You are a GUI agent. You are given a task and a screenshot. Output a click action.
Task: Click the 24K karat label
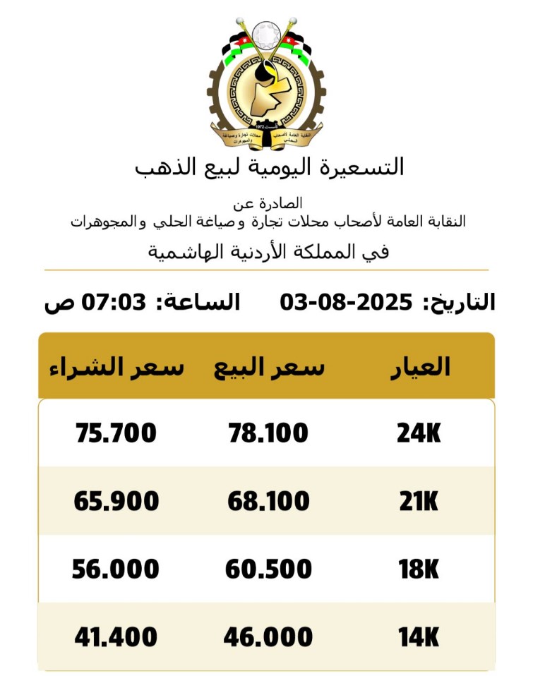pos(419,433)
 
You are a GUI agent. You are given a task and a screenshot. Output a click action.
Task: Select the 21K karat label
pos(418,502)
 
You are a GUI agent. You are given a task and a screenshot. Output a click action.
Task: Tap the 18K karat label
pos(419,569)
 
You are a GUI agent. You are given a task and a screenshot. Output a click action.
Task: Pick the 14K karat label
pos(418,638)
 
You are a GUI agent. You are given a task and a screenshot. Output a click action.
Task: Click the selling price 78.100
pos(268,433)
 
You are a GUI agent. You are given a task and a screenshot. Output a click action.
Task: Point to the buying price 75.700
pos(116,433)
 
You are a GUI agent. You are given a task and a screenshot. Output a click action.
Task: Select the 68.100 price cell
pos(268,502)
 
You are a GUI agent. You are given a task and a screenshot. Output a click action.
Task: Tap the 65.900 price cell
pos(116,502)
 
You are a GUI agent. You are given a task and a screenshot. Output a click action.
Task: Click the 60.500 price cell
pos(268,569)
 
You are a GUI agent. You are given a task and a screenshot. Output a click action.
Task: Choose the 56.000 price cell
pos(116,569)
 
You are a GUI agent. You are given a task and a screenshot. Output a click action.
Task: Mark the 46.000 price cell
pos(268,638)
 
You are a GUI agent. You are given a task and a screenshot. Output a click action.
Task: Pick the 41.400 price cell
pos(116,638)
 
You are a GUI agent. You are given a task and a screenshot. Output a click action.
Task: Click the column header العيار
pos(420,367)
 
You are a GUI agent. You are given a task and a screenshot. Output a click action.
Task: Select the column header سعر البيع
pos(269,368)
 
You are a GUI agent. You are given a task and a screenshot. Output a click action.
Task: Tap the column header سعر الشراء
pos(116,368)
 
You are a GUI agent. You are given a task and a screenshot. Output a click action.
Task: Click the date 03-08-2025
pos(346,303)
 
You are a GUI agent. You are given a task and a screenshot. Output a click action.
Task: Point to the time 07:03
pos(114,303)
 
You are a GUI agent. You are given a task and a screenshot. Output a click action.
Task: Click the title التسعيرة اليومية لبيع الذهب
pos(269,167)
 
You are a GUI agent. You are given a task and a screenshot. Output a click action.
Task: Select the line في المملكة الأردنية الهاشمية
pos(269,252)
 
